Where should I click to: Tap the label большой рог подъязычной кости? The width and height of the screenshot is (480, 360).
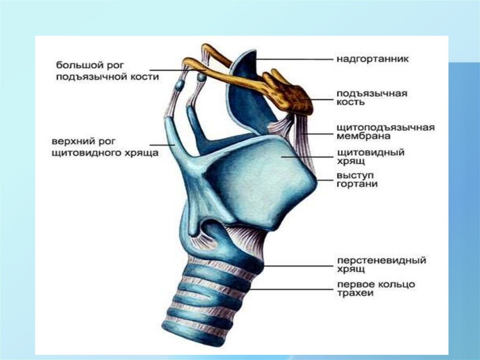click(x=107, y=70)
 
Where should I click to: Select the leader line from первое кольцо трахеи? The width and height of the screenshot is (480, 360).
click(x=291, y=290)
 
